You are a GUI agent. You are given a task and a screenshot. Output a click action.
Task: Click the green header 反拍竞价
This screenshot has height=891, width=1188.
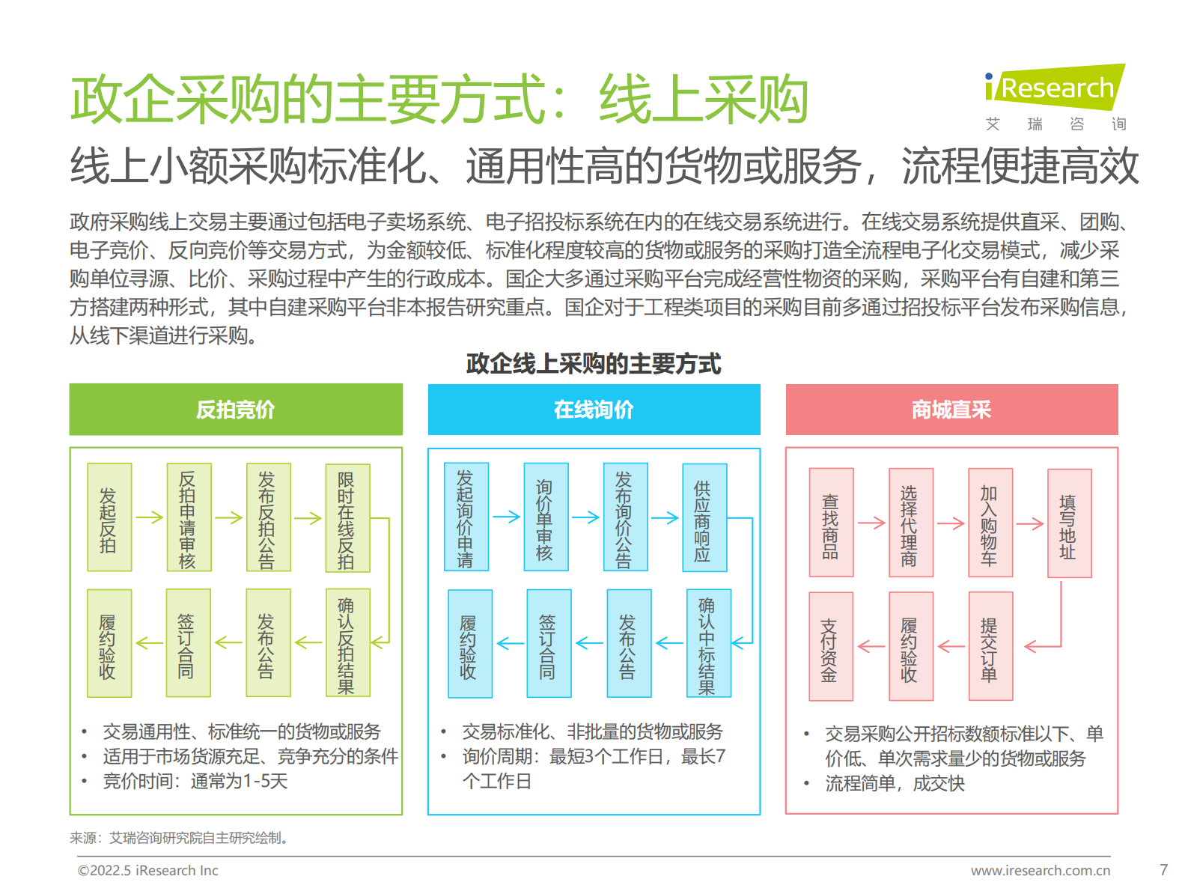[x=236, y=410]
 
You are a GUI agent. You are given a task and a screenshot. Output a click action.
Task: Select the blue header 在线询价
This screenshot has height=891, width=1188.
[x=594, y=410]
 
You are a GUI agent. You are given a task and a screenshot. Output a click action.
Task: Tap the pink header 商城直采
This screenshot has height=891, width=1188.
[x=951, y=410]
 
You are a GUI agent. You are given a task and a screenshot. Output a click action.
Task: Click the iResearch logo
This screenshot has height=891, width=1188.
[x=1056, y=88]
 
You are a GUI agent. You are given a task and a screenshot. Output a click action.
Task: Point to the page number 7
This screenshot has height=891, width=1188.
[x=1163, y=870]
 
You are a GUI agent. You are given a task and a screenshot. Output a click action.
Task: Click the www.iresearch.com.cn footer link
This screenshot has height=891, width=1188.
[x=1041, y=871]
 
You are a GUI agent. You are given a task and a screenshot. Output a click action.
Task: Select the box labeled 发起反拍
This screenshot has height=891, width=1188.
[x=109, y=517]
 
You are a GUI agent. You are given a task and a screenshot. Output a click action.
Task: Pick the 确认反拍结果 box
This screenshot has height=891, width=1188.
[x=347, y=643]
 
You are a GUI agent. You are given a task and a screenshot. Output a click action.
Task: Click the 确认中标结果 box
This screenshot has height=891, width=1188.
[x=708, y=643]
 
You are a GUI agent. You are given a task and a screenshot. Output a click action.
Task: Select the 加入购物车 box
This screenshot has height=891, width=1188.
[x=990, y=523]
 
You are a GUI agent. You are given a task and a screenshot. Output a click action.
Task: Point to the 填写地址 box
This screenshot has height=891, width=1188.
[x=1070, y=523]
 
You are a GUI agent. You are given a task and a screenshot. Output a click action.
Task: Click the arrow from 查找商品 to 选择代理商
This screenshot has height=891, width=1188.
[x=871, y=523]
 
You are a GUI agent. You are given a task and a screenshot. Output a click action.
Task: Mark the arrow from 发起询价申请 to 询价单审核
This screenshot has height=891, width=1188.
[x=506, y=517]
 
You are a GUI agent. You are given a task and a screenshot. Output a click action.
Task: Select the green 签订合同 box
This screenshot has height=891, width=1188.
[x=188, y=643]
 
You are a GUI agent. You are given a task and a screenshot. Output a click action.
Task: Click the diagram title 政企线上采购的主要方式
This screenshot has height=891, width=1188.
[x=593, y=364]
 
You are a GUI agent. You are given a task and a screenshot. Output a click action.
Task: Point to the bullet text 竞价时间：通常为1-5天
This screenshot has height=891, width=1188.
[x=195, y=781]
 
